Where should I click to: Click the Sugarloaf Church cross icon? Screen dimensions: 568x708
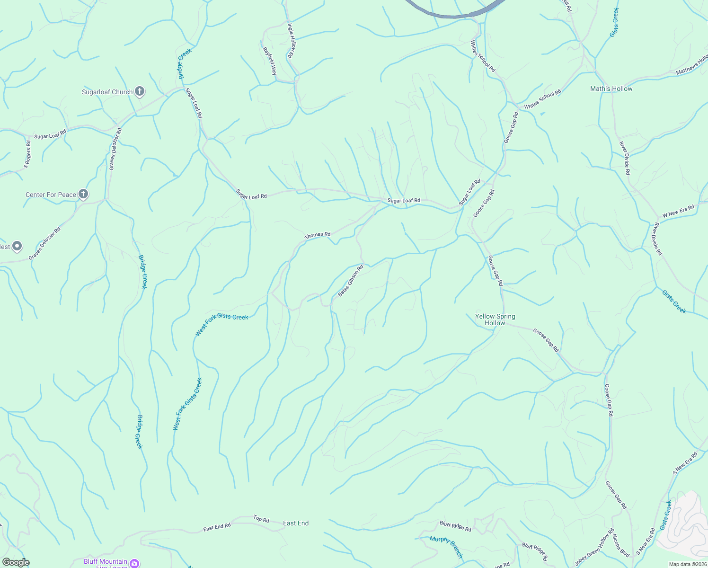point(139,91)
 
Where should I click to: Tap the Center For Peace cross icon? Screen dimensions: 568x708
point(83,194)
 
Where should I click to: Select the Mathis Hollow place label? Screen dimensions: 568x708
point(611,89)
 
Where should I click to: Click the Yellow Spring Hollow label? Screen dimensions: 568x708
point(495,319)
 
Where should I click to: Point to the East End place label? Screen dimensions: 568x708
point(296,523)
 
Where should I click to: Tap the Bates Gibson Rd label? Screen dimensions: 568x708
point(351,281)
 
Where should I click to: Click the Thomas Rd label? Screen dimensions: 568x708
point(318,235)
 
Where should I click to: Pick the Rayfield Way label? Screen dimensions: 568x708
point(270,61)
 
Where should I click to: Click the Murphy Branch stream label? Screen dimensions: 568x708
point(446,546)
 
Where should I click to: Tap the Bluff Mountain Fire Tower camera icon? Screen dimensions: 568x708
point(134,563)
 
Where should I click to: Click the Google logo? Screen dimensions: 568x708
point(16,562)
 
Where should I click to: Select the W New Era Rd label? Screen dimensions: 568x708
point(678,211)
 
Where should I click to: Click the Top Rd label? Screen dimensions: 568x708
point(261,519)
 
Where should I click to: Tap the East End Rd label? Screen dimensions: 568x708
point(217,527)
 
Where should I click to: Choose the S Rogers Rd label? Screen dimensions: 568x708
point(27,154)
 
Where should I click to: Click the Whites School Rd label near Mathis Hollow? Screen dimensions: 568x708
point(542,99)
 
